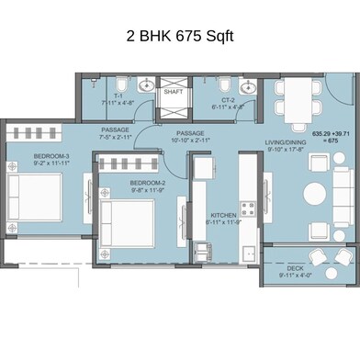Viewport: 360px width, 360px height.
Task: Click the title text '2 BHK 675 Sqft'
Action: pyautogui.click(x=180, y=37)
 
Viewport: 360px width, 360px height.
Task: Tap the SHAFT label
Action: pyautogui.click(x=173, y=92)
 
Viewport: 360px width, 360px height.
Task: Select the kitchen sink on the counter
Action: pyautogui.click(x=243, y=252)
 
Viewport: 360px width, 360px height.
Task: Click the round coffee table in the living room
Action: pyautogui.click(x=317, y=195)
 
